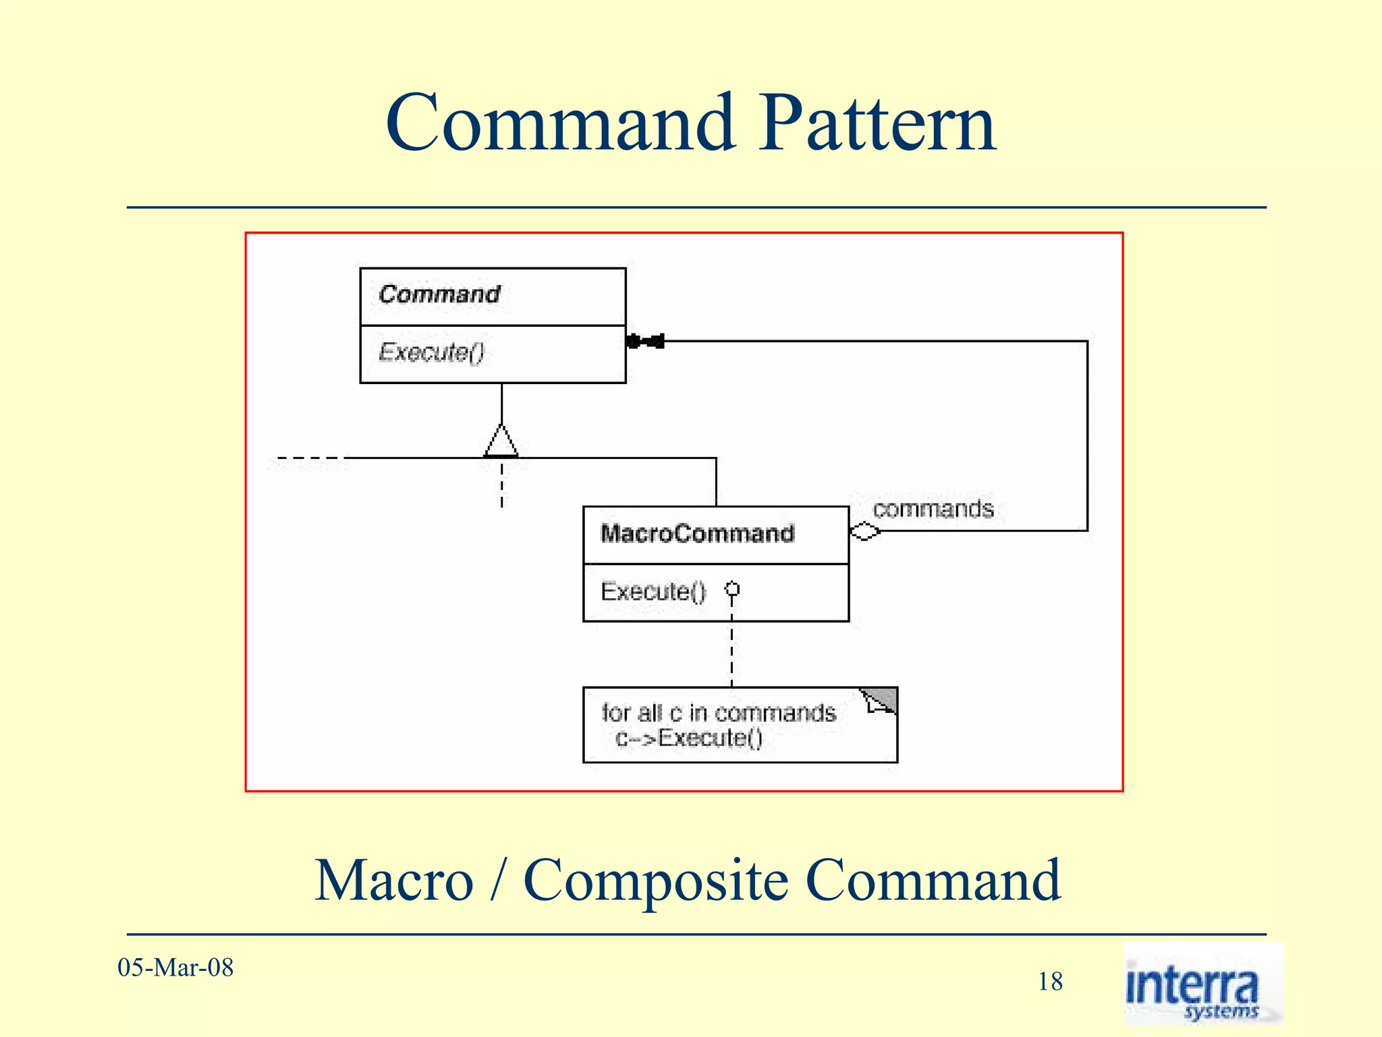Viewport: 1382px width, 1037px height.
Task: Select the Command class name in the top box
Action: pyautogui.click(x=439, y=294)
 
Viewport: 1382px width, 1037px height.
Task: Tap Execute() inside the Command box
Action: pyautogui.click(x=431, y=352)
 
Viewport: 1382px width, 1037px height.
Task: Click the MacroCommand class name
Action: pyautogui.click(x=697, y=533)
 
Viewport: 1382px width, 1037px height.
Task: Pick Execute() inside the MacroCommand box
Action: pyautogui.click(x=653, y=591)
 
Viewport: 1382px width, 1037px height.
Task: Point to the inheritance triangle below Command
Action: pyautogui.click(x=501, y=442)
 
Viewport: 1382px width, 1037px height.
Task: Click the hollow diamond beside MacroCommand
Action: pyautogui.click(x=864, y=532)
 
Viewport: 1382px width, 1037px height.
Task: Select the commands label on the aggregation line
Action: pyautogui.click(x=933, y=508)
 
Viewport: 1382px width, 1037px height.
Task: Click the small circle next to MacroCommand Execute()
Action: pyautogui.click(x=732, y=589)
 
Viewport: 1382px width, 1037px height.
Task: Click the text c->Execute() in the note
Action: pyautogui.click(x=689, y=738)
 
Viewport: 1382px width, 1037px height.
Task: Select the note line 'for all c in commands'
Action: pyautogui.click(x=719, y=713)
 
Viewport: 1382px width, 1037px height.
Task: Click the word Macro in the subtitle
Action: pyautogui.click(x=394, y=880)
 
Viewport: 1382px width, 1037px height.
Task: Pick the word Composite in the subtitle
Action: pyautogui.click(x=655, y=880)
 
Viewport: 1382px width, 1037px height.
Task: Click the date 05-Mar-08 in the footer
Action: pyautogui.click(x=175, y=967)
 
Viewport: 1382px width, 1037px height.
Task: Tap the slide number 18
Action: pyautogui.click(x=1050, y=982)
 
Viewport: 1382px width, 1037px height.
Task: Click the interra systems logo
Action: pyautogui.click(x=1203, y=984)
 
